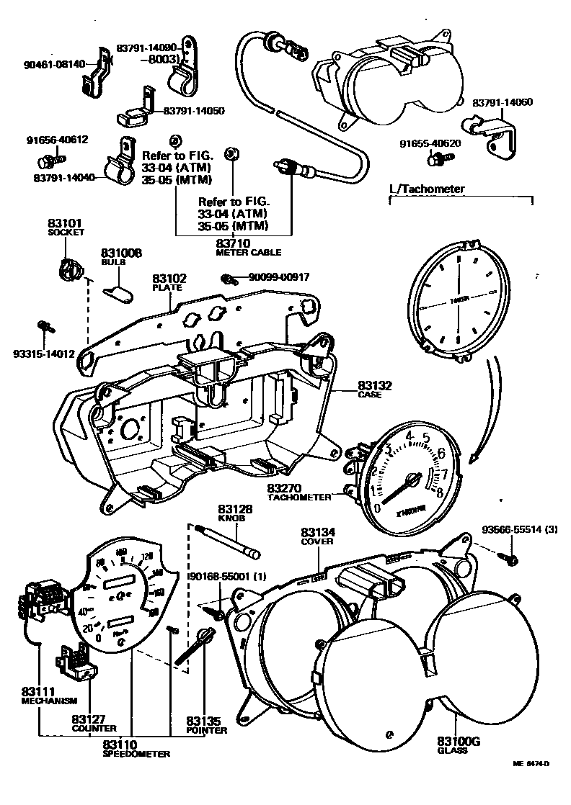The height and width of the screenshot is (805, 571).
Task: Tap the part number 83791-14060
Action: pos(503,103)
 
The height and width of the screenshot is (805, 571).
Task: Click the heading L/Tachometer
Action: pos(427,189)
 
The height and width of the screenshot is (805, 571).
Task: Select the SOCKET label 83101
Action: pos(66,224)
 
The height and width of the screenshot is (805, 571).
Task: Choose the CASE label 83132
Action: pos(375,387)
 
